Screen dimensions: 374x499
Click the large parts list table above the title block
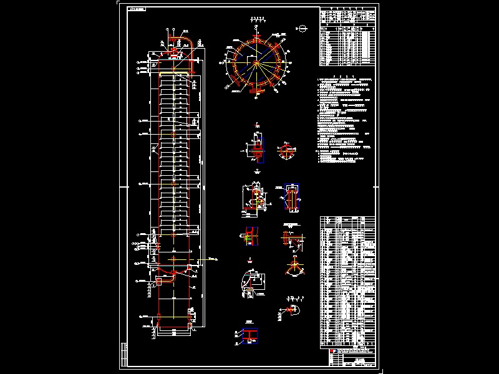click(347, 280)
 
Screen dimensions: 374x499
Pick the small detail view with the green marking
click(248, 236)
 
